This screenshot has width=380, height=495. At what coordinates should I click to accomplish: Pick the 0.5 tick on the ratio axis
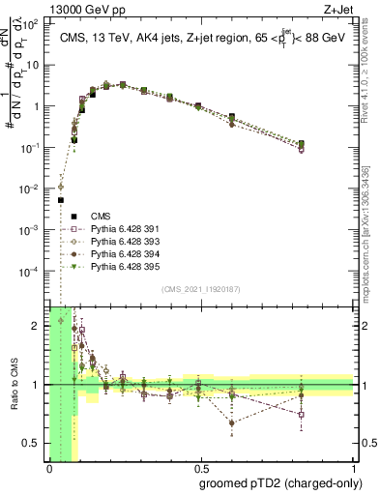tap(34, 443)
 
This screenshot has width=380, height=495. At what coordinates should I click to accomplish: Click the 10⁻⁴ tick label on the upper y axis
tap(33, 272)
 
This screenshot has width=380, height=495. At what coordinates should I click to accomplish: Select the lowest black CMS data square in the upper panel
tap(61, 201)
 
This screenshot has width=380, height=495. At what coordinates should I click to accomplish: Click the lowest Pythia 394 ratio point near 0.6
tap(231, 422)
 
